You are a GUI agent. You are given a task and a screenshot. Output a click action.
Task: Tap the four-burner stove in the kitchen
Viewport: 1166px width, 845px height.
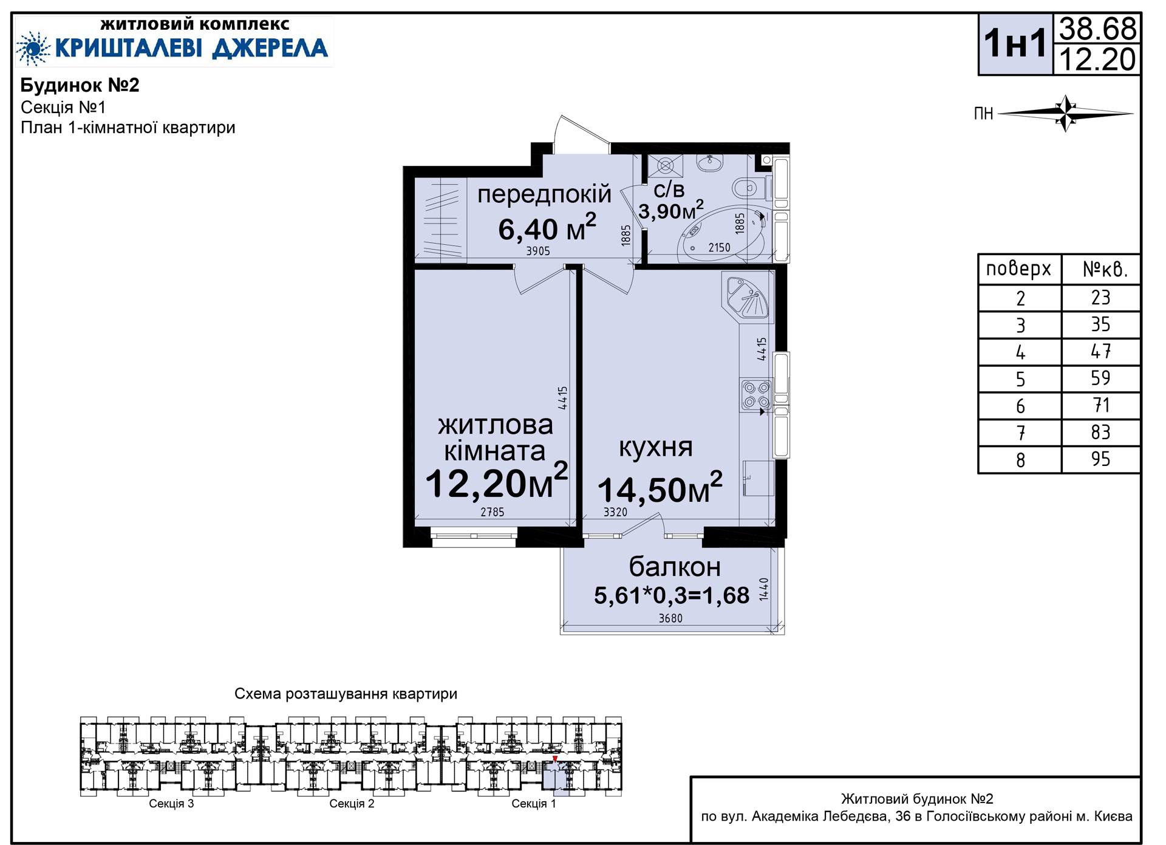click(757, 394)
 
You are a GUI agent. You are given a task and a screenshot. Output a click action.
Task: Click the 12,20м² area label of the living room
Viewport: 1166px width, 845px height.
click(496, 482)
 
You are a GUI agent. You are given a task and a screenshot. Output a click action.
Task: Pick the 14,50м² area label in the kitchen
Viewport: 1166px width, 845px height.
click(660, 488)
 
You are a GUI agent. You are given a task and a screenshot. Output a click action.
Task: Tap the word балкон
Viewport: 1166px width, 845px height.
click(675, 567)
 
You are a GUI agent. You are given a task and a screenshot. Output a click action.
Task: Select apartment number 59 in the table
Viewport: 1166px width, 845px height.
click(1100, 378)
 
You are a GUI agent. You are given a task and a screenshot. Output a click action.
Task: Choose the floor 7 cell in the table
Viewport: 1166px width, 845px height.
click(1021, 433)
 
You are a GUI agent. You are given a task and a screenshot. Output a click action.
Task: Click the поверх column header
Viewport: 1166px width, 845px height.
click(1018, 269)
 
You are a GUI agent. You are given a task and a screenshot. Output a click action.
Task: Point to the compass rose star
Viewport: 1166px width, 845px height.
click(1066, 113)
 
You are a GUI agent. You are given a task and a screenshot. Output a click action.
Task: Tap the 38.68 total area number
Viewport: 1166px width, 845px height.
click(1097, 29)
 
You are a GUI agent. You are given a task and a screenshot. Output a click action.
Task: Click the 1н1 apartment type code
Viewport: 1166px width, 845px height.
click(1015, 43)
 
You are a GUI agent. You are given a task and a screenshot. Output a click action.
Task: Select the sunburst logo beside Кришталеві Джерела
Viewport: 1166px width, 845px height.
click(33, 48)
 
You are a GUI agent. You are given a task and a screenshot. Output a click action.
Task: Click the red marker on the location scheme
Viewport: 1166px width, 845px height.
click(555, 759)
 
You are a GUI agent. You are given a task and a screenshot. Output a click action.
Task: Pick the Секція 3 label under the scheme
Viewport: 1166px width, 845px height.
click(171, 804)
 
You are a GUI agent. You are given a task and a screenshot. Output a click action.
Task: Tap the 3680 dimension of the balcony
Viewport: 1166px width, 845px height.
click(670, 618)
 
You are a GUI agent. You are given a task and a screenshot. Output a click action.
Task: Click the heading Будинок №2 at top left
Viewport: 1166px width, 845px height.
click(80, 85)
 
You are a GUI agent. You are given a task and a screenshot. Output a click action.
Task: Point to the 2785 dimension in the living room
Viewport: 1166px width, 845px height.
click(493, 512)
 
